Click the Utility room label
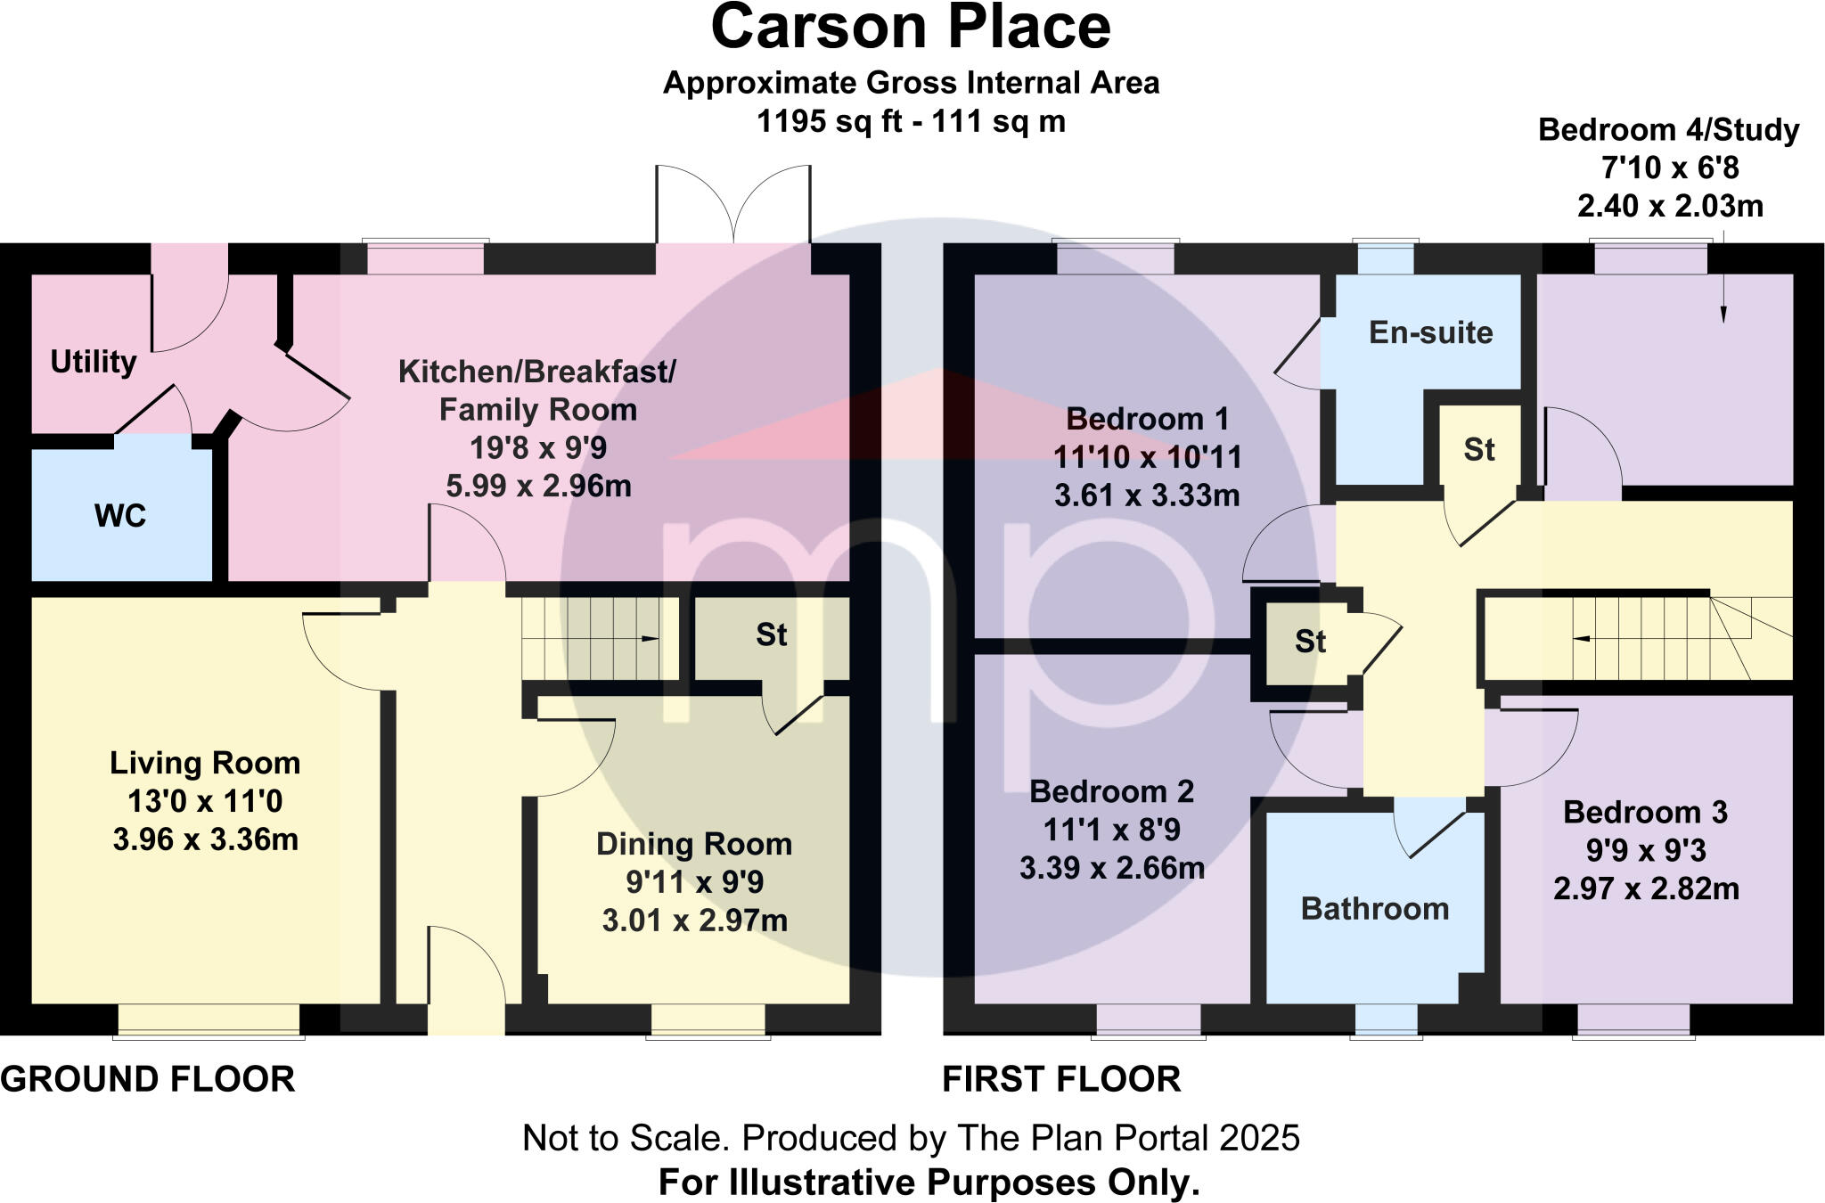point(93,362)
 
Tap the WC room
point(120,515)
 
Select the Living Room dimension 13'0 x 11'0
point(205,801)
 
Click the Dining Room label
point(693,843)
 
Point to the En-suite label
point(1430,332)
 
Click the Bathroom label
point(1374,908)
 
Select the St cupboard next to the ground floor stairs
point(771,634)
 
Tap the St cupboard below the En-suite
point(1478,449)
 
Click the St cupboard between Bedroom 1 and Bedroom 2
point(1310,641)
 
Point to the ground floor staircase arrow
point(651,638)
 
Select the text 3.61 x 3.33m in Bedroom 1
point(1146,495)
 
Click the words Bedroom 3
point(1645,812)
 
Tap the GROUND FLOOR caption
point(148,1079)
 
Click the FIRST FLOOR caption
point(1061,1079)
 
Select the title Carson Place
point(911,29)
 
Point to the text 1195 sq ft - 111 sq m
point(911,121)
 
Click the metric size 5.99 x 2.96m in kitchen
point(538,486)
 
